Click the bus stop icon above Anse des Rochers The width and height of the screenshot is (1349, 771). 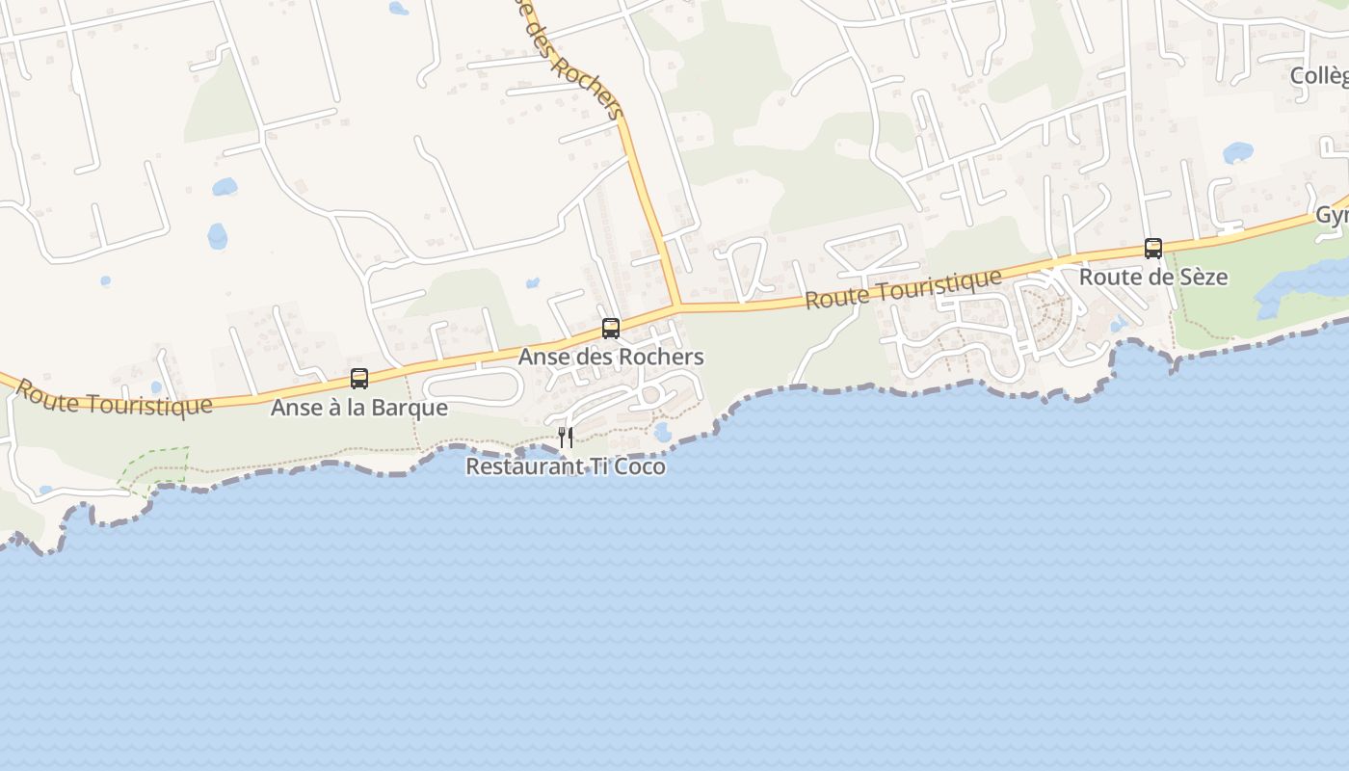tap(611, 329)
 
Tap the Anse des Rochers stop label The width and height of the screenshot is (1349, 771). tap(611, 357)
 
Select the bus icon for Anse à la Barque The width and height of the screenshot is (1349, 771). tap(359, 379)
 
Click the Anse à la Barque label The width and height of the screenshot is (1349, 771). tap(358, 408)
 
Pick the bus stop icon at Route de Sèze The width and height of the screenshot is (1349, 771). tap(1153, 249)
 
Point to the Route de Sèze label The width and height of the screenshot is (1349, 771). tap(1153, 278)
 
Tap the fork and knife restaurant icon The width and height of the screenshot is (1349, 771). tap(566, 438)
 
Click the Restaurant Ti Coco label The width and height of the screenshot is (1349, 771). tap(566, 466)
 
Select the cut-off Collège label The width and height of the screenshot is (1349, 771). tap(1319, 75)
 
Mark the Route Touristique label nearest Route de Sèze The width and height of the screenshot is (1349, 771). tap(903, 289)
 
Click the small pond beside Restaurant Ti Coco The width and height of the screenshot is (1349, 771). tap(662, 432)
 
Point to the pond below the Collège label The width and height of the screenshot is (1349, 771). tap(1237, 152)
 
